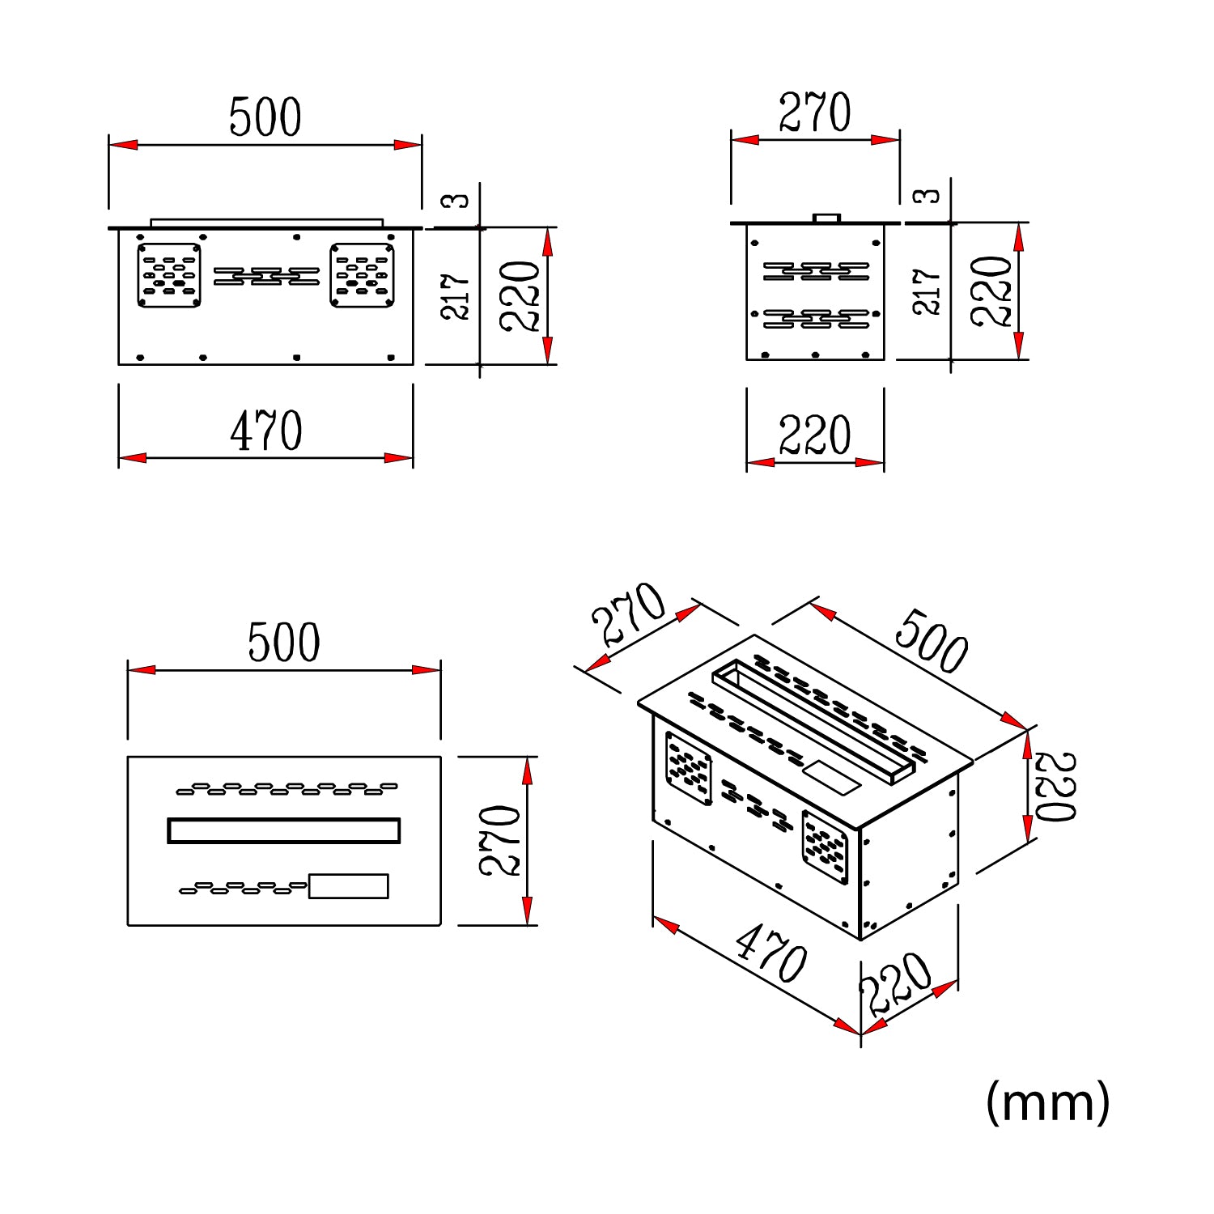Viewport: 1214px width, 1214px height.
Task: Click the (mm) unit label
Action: point(1047,1102)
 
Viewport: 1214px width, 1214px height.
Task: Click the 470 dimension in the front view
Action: point(266,431)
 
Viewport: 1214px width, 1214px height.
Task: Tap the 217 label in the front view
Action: point(456,296)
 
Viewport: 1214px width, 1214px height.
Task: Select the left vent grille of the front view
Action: point(169,275)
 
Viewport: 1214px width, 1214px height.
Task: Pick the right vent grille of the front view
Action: point(363,275)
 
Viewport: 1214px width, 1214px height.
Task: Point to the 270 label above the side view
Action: point(815,112)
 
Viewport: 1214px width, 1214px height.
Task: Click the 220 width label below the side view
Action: point(815,435)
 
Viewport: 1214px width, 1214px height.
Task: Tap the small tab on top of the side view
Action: point(826,218)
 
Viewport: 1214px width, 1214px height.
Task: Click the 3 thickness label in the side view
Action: point(927,196)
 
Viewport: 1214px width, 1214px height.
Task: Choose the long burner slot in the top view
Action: point(283,830)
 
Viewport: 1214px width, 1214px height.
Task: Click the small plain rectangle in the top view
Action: point(349,886)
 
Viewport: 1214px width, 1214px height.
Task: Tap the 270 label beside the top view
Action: point(499,840)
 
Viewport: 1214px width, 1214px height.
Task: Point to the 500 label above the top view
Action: point(283,643)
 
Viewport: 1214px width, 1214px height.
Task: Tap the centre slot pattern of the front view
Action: point(266,276)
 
